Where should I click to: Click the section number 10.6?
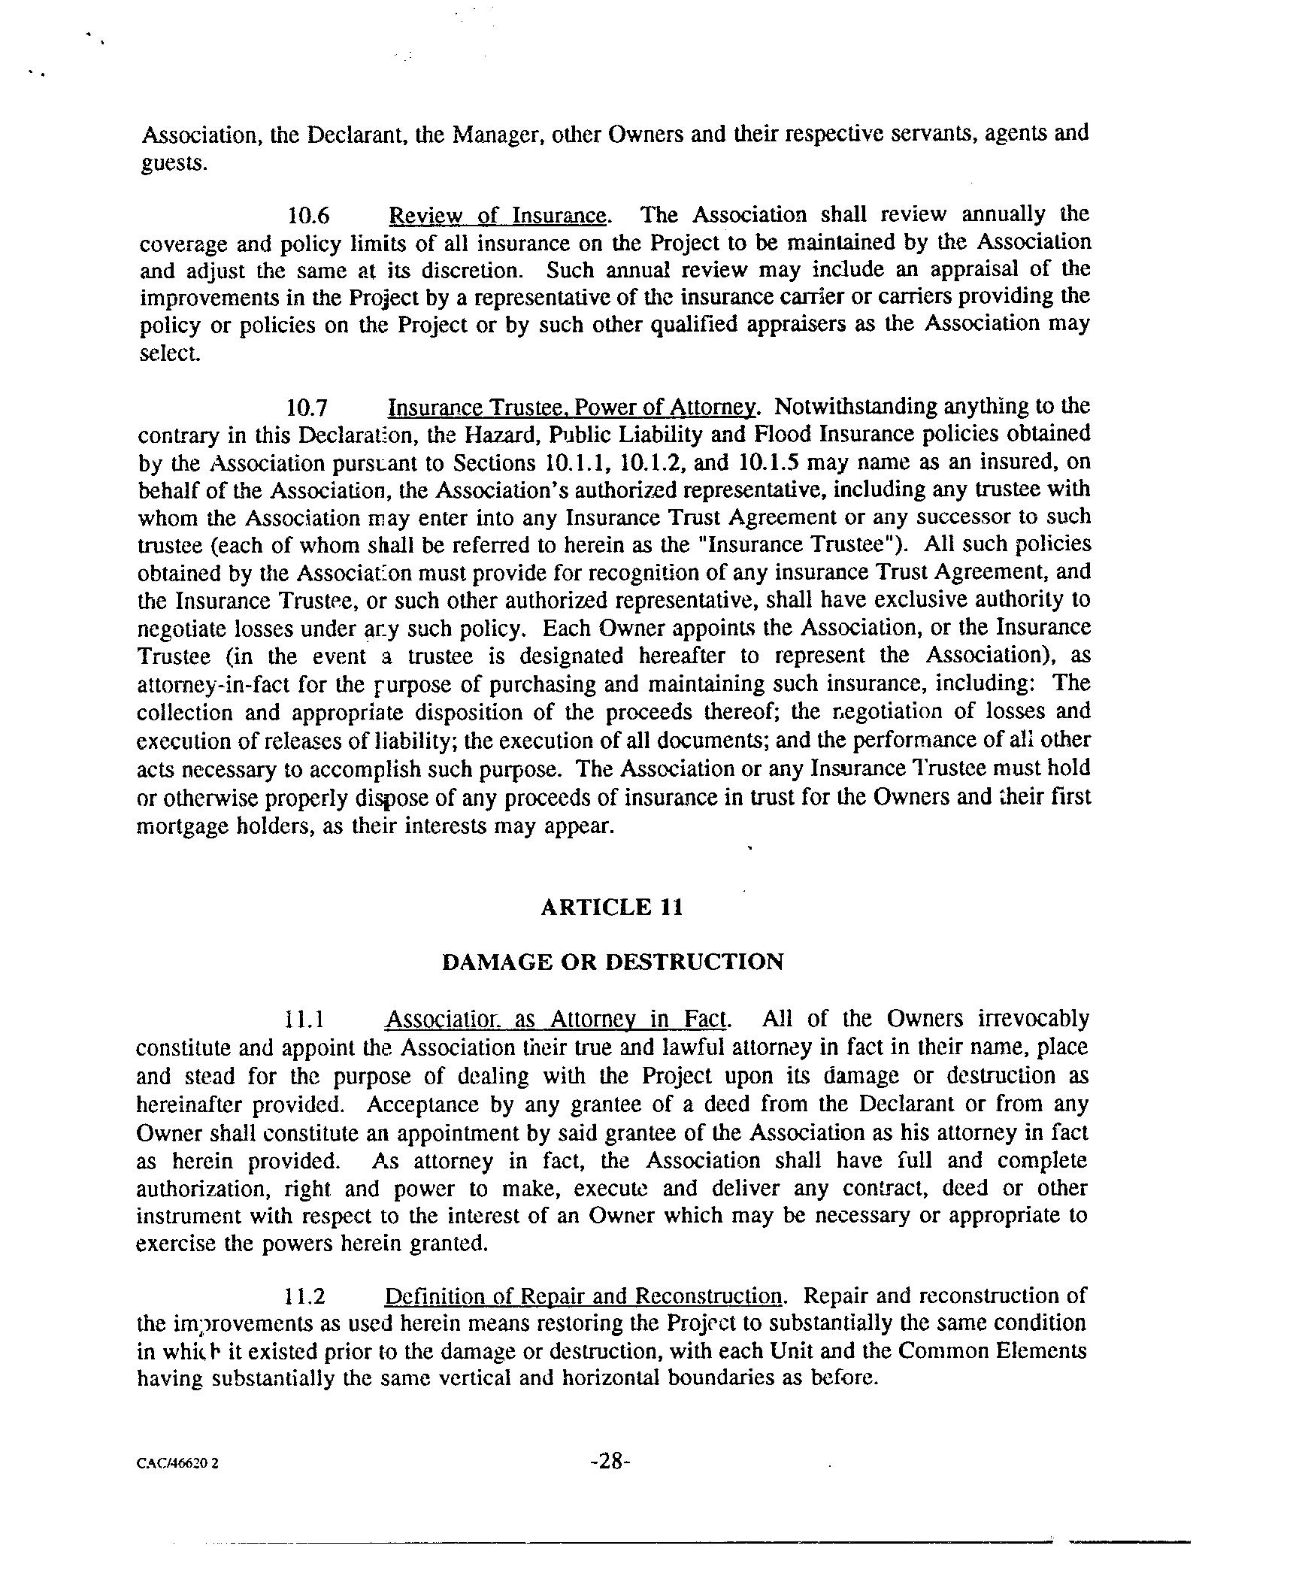click(309, 216)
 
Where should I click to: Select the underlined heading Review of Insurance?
click(497, 216)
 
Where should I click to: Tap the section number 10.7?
click(307, 408)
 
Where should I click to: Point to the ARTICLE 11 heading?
click(612, 908)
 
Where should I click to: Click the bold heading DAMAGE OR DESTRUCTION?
click(613, 962)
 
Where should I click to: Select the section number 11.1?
click(304, 1020)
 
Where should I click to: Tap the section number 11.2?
click(306, 1297)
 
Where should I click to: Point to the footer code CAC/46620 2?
click(178, 1464)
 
